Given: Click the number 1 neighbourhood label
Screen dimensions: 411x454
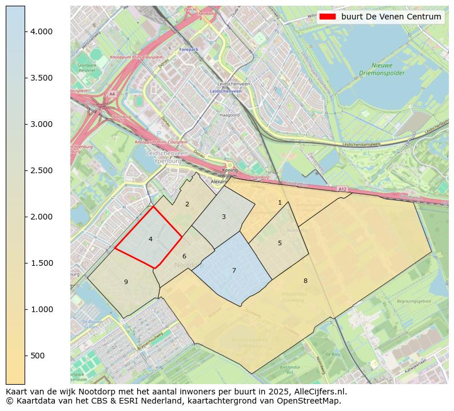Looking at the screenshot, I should (x=280, y=202).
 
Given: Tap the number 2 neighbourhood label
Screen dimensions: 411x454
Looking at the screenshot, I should (x=187, y=204).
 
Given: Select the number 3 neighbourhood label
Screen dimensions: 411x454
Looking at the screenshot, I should (x=224, y=217).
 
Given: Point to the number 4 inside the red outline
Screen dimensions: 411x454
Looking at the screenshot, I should (x=150, y=239).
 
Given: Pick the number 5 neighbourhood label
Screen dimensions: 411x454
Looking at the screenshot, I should (x=280, y=243).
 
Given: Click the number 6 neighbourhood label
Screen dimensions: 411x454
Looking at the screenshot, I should (x=184, y=256).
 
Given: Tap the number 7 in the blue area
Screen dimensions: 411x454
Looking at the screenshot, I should (x=234, y=270).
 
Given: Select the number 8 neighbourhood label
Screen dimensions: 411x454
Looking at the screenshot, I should (x=305, y=281).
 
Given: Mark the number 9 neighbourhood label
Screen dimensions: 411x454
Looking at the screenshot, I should (x=126, y=282).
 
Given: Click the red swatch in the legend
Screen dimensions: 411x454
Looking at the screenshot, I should (x=328, y=17).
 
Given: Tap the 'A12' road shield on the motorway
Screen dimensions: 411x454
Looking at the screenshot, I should (x=342, y=189).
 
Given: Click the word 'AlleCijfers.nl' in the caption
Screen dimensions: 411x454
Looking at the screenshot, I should (x=318, y=392).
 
